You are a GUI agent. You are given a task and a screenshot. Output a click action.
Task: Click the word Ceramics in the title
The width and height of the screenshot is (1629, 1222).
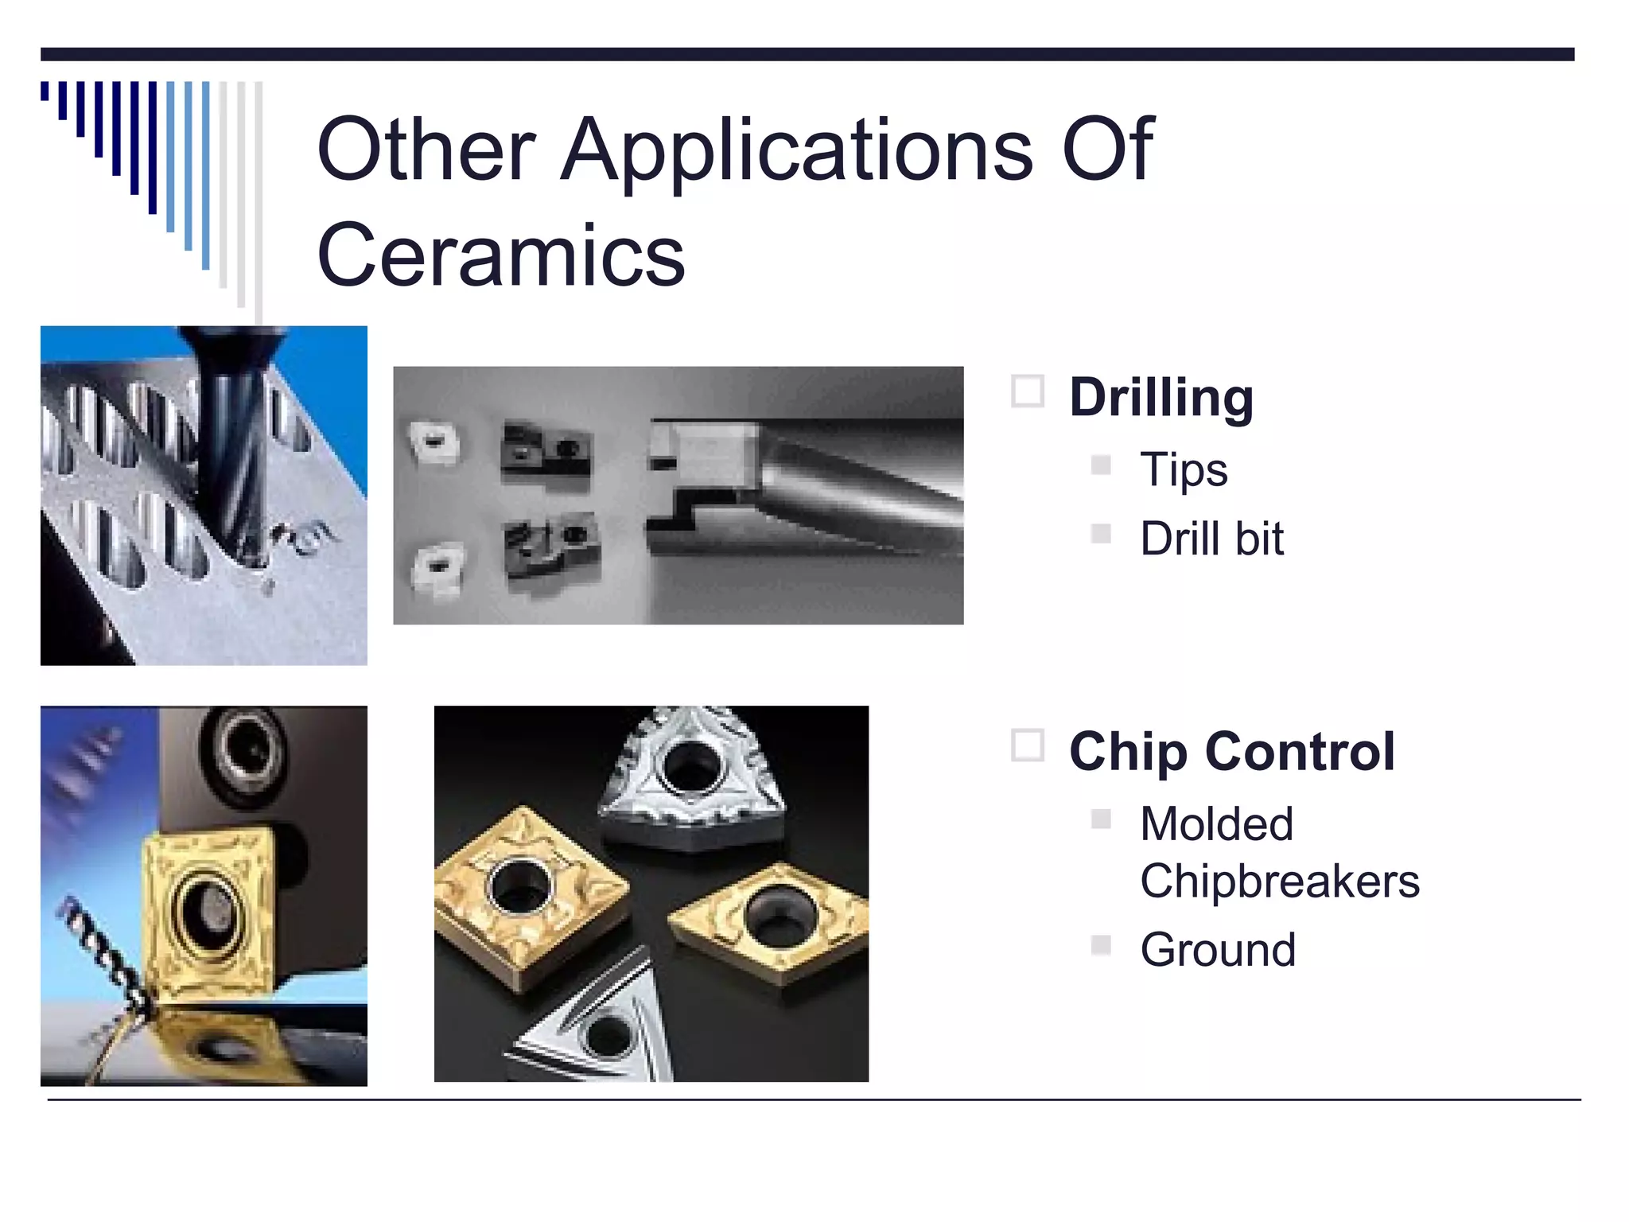tap(501, 255)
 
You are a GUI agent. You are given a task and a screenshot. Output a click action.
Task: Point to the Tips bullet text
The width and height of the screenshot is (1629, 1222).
tap(1184, 469)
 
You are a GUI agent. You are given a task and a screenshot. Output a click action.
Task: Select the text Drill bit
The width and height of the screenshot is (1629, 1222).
tap(1211, 539)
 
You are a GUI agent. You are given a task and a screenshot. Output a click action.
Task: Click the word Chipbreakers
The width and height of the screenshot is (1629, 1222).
tap(1279, 881)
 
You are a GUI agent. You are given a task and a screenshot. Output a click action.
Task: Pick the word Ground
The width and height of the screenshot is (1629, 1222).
tap(1218, 949)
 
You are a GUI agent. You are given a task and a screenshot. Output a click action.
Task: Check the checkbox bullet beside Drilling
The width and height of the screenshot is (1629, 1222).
tap(1027, 391)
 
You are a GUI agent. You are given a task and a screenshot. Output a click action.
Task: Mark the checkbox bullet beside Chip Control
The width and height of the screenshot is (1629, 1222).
tap(1027, 745)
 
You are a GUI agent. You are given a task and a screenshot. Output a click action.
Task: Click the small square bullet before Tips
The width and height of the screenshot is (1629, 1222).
tap(1101, 465)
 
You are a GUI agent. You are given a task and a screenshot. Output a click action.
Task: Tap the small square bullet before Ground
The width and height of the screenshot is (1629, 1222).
tap(1101, 944)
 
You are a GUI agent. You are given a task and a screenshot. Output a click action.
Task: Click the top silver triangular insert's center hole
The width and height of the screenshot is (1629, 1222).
tap(689, 766)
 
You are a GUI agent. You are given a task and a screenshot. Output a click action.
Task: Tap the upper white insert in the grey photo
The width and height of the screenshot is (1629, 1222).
tap(433, 441)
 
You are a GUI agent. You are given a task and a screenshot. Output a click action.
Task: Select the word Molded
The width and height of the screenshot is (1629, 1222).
tap(1216, 823)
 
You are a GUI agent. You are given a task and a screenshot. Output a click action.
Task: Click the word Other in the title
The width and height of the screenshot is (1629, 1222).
tap(426, 150)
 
